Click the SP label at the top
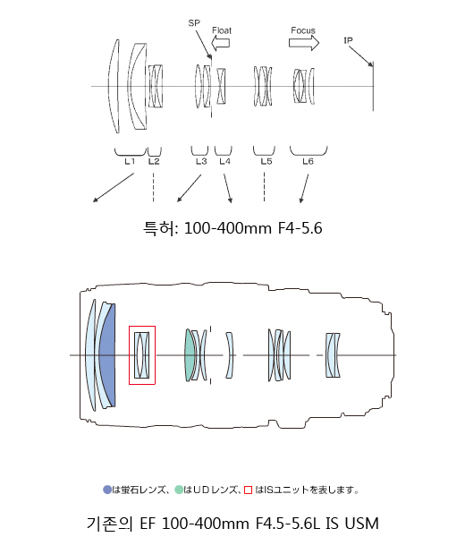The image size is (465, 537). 194,23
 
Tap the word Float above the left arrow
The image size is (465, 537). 222,30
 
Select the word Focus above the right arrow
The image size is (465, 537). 303,30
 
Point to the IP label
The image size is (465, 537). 348,40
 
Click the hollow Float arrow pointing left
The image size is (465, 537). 220,44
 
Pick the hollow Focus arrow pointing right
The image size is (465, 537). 304,43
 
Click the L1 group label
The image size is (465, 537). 130,161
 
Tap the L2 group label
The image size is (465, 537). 154,161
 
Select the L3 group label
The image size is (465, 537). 201,161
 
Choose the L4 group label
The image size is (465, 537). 224,161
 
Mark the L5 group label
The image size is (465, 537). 266,161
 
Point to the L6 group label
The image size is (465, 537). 308,161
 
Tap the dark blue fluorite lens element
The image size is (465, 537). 108,355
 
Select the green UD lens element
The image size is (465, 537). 189,355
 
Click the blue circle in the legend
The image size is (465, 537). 107,490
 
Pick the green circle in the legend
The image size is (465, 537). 179,490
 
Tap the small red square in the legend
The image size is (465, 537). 248,490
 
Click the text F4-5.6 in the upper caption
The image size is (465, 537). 300,228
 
